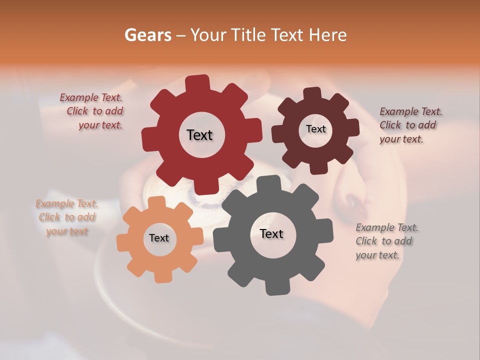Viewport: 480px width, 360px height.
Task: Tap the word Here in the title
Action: (328, 35)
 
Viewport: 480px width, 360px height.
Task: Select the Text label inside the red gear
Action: (199, 135)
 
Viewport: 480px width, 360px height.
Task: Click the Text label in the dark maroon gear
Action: (315, 129)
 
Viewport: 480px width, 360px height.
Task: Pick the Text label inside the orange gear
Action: (159, 238)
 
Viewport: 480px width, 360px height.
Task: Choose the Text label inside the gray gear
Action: (271, 234)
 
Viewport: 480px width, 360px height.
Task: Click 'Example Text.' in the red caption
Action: (91, 97)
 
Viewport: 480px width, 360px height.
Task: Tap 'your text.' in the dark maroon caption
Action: (401, 139)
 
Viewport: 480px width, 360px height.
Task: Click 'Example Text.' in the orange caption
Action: (67, 203)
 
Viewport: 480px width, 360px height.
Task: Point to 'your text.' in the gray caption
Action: (377, 255)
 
